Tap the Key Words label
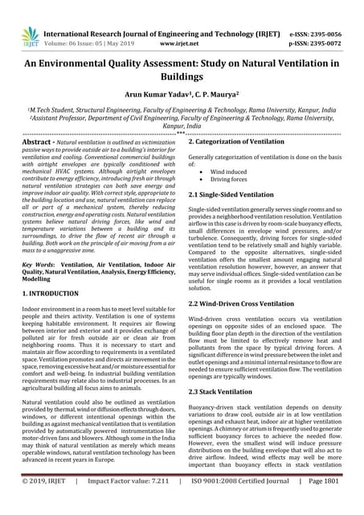pos(39,264)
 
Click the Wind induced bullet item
pos(233,172)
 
